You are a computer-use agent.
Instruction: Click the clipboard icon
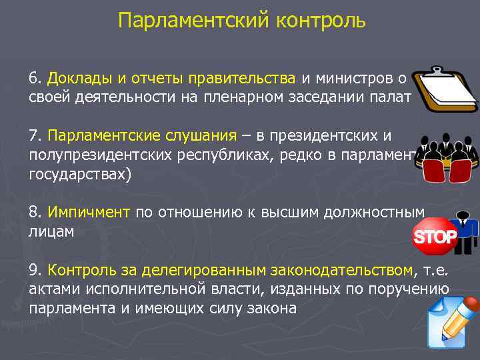pyautogui.click(x=445, y=90)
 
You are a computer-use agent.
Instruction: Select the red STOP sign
pyautogui.click(x=435, y=237)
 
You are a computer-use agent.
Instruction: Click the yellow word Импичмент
pyautogui.click(x=89, y=212)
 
